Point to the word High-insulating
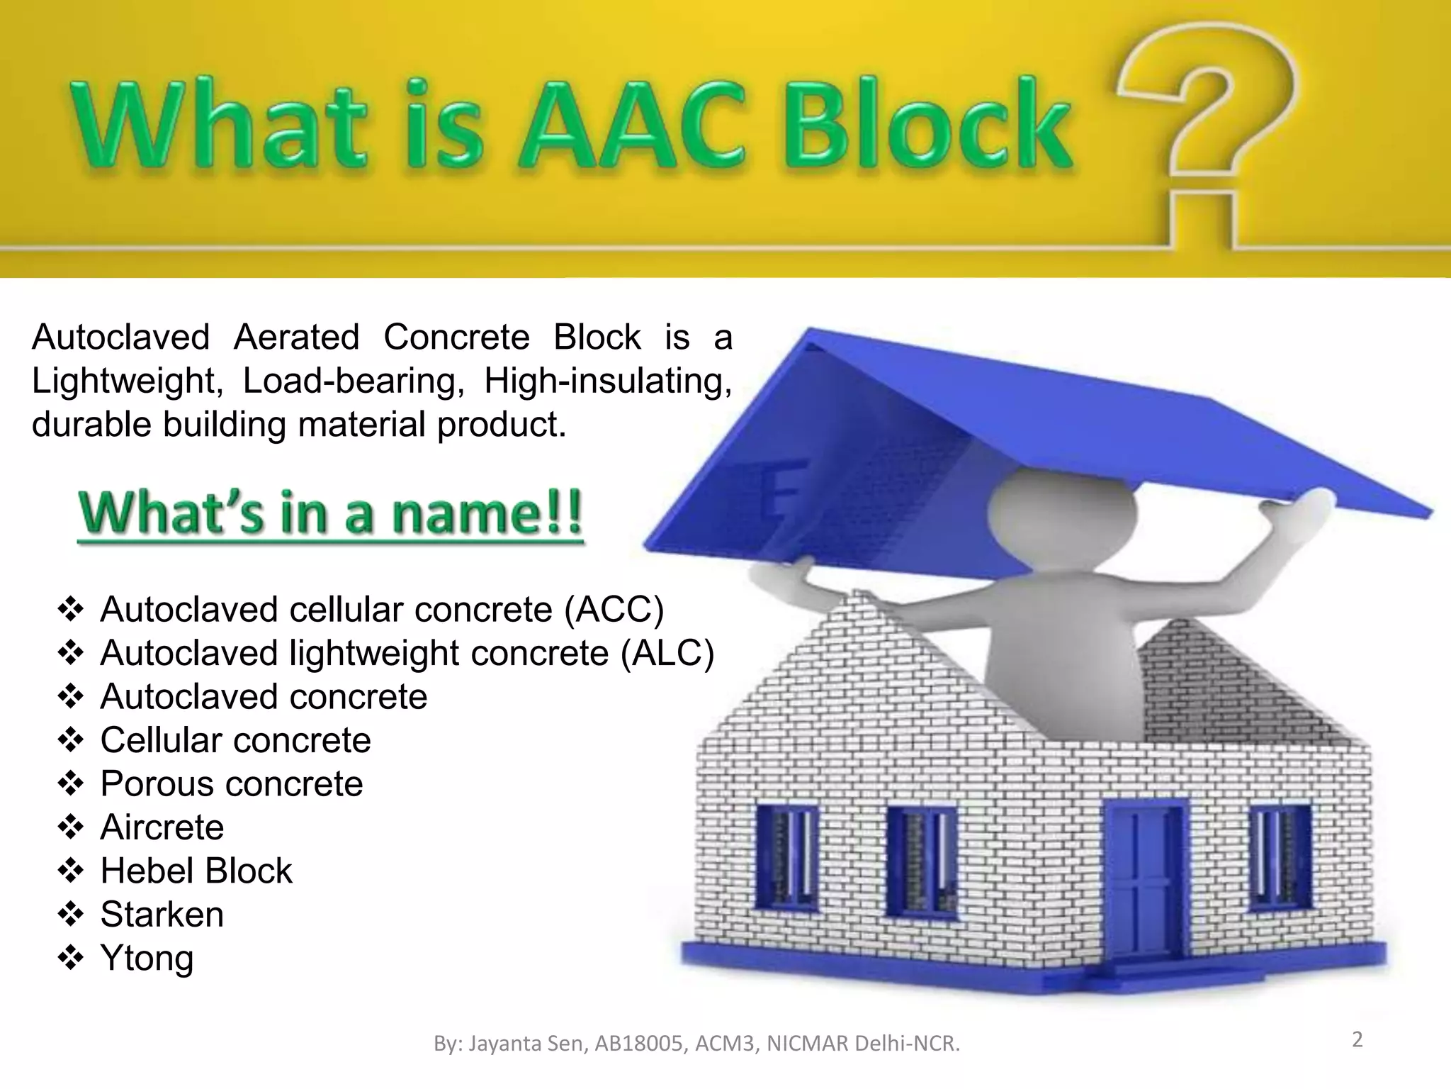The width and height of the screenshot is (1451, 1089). point(608,381)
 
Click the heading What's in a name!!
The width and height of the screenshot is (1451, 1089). point(331,514)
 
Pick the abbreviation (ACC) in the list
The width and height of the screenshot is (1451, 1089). point(614,610)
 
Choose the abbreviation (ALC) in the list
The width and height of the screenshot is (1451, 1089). point(667,653)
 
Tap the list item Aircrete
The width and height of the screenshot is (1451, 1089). point(162,827)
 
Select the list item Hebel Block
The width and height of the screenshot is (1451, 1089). point(196,871)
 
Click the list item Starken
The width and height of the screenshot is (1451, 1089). point(162,915)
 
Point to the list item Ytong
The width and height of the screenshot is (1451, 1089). point(147,959)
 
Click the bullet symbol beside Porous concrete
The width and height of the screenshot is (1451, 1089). point(71,784)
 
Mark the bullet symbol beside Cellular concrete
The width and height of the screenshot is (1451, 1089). point(71,741)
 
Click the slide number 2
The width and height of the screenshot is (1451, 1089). point(1357,1040)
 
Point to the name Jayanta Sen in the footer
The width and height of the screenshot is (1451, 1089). point(527,1044)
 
